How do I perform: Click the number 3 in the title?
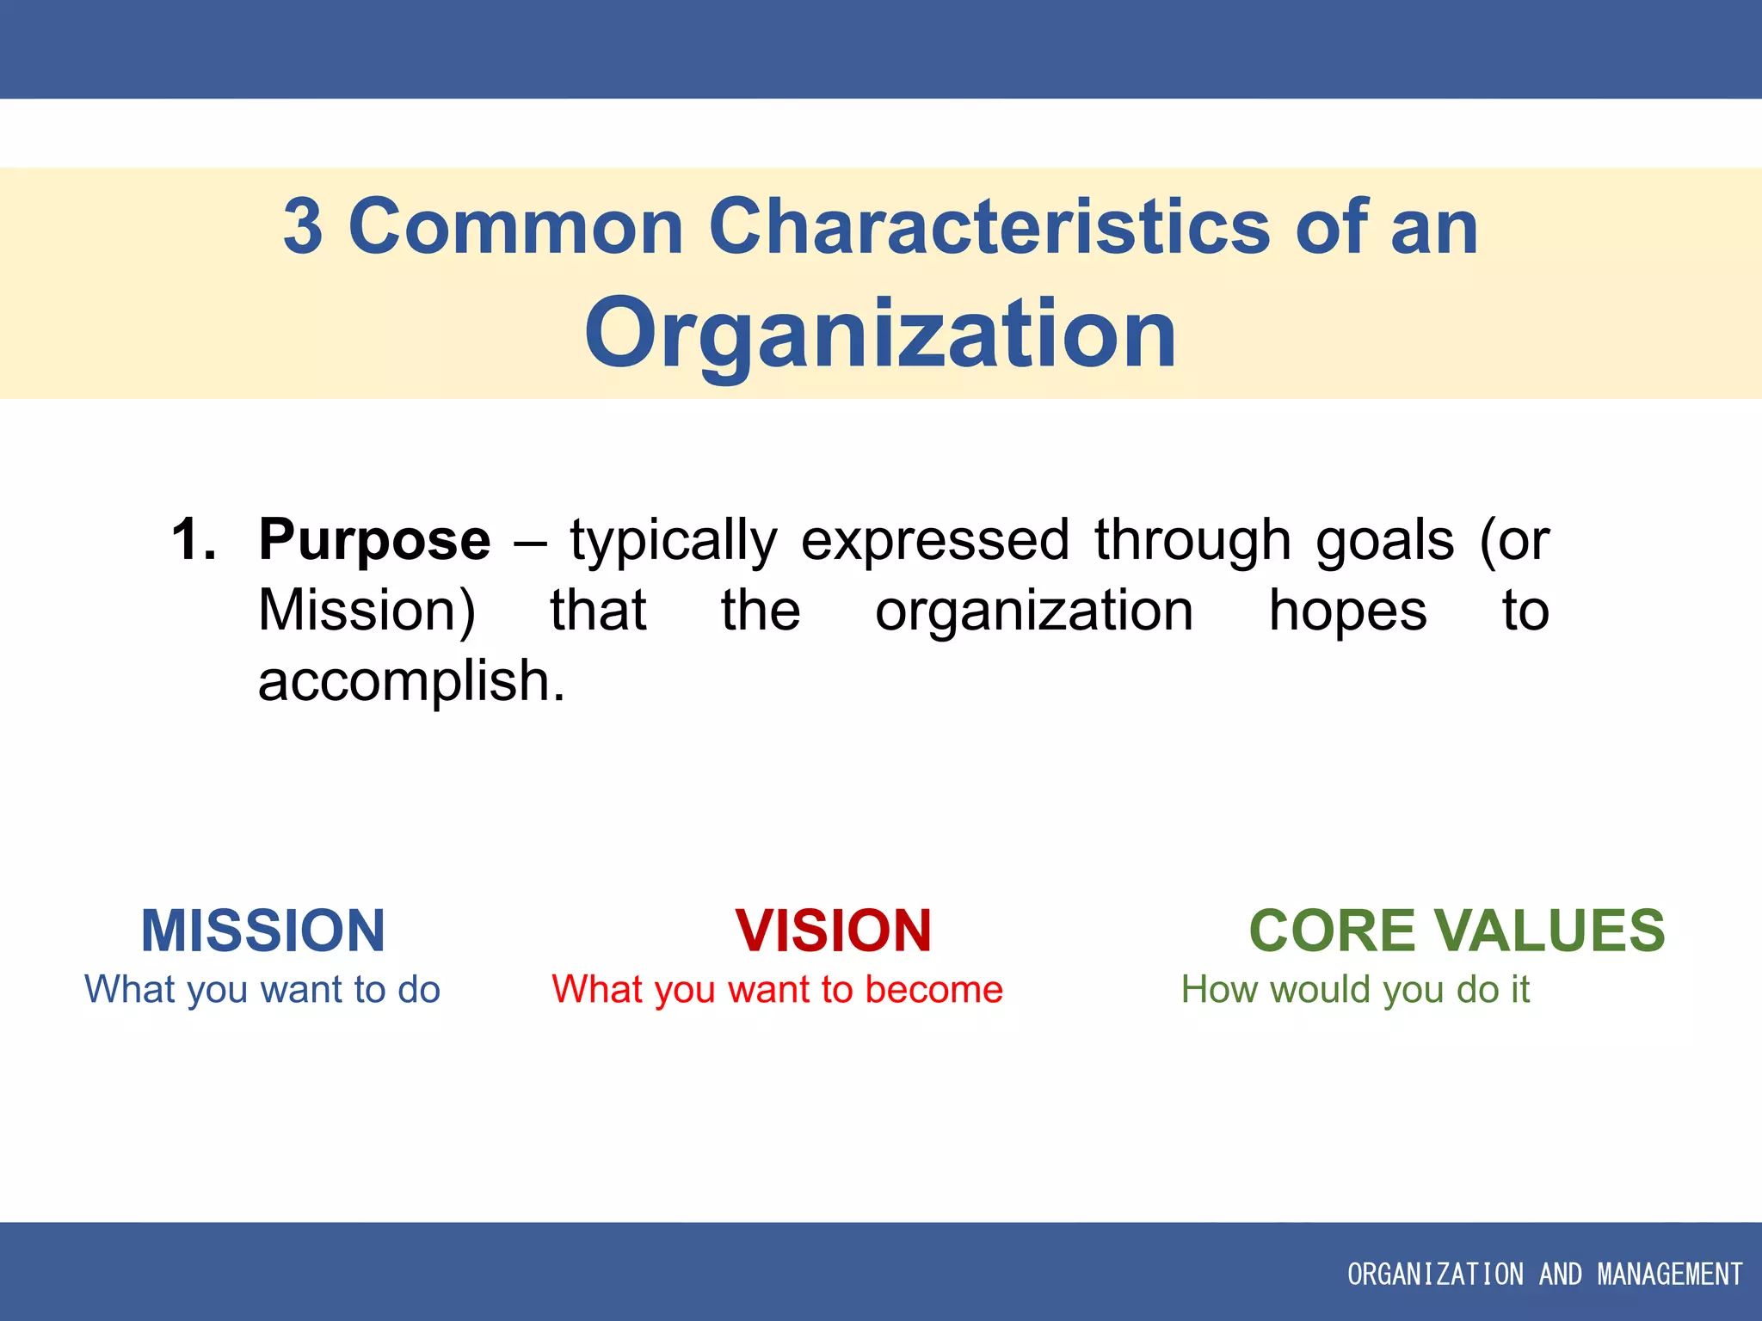303,227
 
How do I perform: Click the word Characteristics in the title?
989,227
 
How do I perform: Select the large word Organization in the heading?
880,334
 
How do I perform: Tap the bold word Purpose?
374,540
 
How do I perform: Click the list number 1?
193,540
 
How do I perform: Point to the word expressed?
935,540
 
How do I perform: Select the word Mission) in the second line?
367,611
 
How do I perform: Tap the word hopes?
1347,611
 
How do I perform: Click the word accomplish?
410,681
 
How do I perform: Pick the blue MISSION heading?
263,931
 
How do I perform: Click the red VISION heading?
833,931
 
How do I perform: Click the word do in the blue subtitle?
419,989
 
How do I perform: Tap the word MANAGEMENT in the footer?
1670,1274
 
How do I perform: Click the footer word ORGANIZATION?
1435,1274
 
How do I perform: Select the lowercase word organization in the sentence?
1034,611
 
